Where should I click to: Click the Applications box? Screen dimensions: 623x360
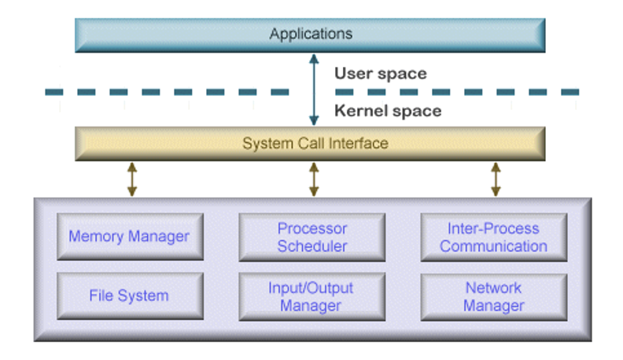(310, 35)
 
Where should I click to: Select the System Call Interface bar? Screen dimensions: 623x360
(310, 144)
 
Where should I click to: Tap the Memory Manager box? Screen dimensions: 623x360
(130, 237)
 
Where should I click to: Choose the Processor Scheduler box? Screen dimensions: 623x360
(312, 237)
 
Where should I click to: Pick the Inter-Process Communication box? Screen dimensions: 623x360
(494, 237)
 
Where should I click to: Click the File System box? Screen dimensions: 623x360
(130, 296)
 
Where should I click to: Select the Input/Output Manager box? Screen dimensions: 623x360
(312, 297)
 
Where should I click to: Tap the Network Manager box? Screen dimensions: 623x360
(494, 297)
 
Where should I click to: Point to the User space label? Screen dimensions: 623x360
(381, 74)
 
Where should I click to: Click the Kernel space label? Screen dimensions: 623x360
(388, 111)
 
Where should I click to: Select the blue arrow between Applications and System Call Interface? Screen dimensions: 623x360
(314, 90)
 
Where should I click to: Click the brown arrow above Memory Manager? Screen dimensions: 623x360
(132, 179)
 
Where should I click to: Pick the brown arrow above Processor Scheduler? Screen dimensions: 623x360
(314, 179)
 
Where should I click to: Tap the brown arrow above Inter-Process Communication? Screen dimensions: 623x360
(496, 179)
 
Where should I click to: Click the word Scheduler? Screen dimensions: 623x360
(312, 247)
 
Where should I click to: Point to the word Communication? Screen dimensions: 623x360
(493, 247)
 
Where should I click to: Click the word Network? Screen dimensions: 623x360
(493, 288)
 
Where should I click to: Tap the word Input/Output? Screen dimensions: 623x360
(311, 288)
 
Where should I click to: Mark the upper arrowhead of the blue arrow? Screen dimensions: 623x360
(314, 59)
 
